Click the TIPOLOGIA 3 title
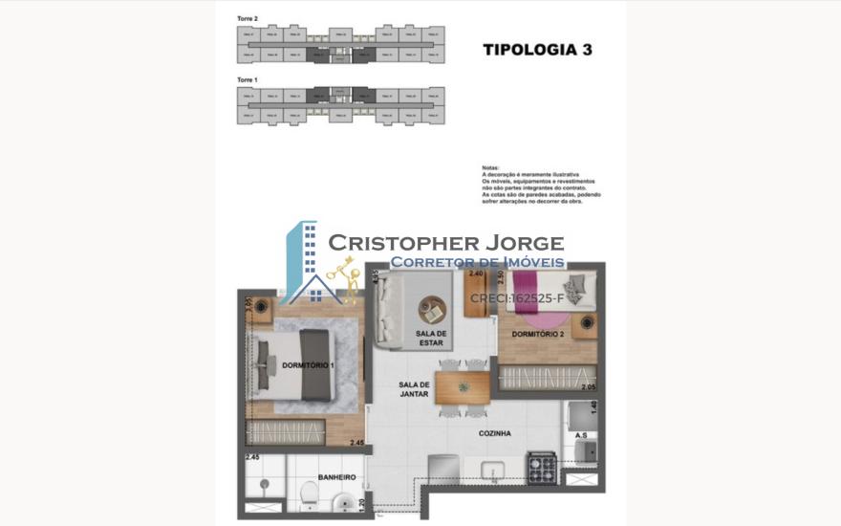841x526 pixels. (537, 50)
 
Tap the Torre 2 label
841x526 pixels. (248, 18)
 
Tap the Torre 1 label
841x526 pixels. (248, 79)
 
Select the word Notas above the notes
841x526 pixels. (491, 167)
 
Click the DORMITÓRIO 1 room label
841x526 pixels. (308, 365)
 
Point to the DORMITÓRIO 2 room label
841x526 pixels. (537, 335)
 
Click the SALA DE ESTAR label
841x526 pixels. (431, 339)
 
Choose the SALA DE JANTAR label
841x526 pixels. (415, 390)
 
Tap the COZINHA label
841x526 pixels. (495, 433)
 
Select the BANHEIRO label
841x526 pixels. (336, 477)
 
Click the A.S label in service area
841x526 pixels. (581, 435)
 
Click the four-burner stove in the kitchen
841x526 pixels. (543, 468)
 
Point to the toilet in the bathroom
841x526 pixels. (309, 493)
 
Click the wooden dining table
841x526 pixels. (463, 387)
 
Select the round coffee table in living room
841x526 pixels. (432, 310)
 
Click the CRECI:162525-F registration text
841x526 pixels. (517, 298)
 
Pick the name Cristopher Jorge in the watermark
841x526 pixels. (445, 243)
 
